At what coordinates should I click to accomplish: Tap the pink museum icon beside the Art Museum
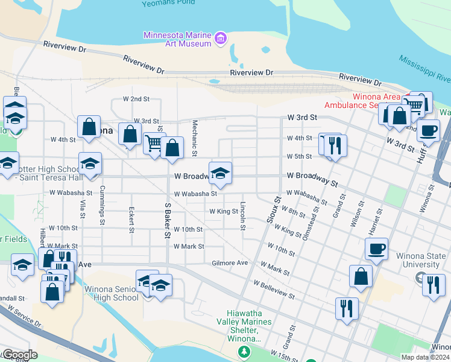pyautogui.click(x=221, y=39)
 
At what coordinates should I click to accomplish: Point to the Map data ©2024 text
pyautogui.click(x=424, y=357)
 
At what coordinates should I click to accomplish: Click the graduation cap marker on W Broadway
pyautogui.click(x=220, y=173)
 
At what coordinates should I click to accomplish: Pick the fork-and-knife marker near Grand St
pyautogui.click(x=347, y=308)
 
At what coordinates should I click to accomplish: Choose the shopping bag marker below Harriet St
pyautogui.click(x=361, y=276)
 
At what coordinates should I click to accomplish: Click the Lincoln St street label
pyautogui.click(x=242, y=215)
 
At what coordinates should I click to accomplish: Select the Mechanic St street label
pyautogui.click(x=195, y=138)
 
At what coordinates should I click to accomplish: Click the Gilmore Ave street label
pyautogui.click(x=230, y=263)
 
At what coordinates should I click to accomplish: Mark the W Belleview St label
pyautogui.click(x=274, y=290)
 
